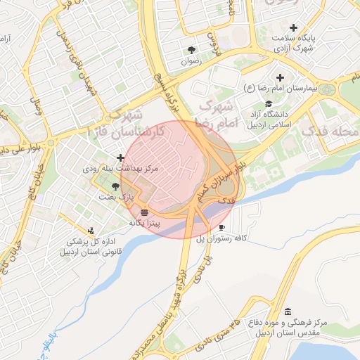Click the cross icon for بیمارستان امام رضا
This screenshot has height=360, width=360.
[281, 77]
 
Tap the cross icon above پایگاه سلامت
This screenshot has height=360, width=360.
[293, 27]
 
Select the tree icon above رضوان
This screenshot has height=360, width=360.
[191, 49]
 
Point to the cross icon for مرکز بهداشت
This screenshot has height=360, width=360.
[121, 157]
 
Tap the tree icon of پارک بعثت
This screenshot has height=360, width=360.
[115, 186]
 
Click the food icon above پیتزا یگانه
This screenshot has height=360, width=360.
[144, 212]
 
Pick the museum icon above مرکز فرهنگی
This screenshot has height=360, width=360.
[287, 312]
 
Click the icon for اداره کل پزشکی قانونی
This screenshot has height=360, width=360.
[91, 231]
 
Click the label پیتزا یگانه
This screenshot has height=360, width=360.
[145, 222]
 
